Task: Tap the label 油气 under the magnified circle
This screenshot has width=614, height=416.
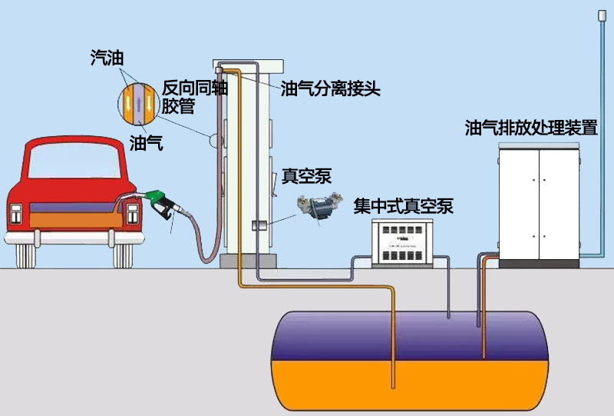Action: [x=145, y=142]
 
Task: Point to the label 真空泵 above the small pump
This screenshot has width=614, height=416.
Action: [x=306, y=176]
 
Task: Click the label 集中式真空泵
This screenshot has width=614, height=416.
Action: [x=403, y=206]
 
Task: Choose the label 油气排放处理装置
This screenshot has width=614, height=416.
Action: [x=531, y=128]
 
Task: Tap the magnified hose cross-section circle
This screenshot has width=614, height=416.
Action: [x=137, y=102]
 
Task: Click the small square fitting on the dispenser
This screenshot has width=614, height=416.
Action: [x=259, y=226]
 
